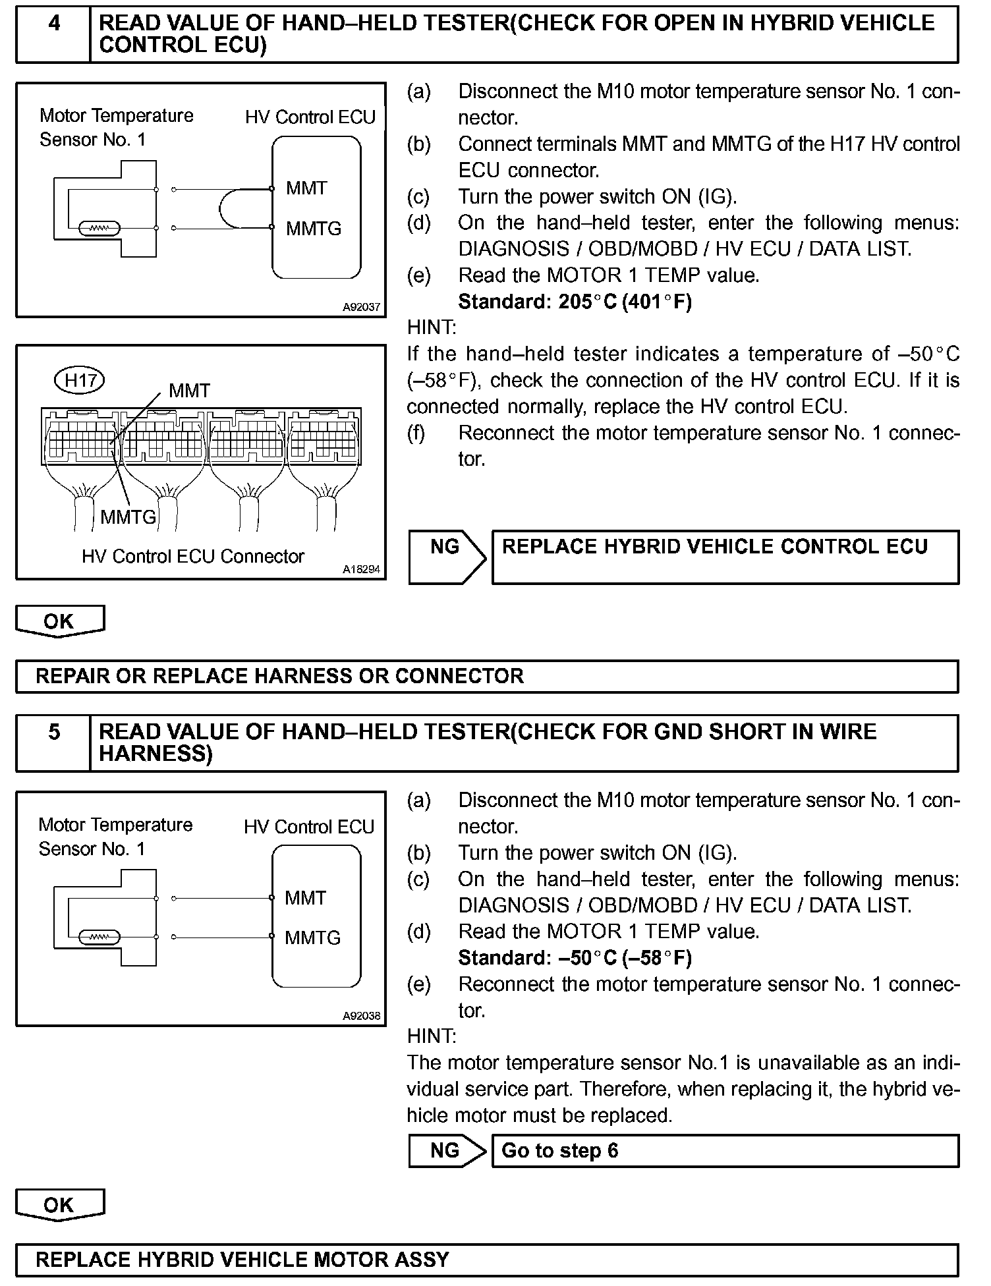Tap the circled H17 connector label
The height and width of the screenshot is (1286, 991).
coord(80,380)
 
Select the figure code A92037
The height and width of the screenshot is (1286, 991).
coord(361,307)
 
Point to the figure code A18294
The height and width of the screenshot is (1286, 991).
coord(361,569)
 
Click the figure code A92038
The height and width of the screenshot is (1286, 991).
coord(361,1016)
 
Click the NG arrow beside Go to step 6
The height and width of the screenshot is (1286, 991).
coord(446,1151)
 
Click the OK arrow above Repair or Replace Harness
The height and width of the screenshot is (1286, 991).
coord(59,621)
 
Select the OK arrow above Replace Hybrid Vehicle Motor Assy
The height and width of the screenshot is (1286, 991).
coord(59,1205)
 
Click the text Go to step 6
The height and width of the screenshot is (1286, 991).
coord(559,1151)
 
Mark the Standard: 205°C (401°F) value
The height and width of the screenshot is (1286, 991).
coord(575,302)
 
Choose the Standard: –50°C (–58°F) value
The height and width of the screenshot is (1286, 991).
coord(575,957)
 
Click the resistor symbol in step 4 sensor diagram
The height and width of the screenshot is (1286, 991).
coord(99,229)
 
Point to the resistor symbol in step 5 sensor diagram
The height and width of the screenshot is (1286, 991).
coord(99,937)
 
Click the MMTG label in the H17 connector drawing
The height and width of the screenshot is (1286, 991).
coord(128,517)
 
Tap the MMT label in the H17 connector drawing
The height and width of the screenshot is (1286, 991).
coord(189,391)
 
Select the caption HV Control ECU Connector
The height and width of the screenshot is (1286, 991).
coord(192,557)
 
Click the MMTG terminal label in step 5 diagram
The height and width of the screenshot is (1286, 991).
coord(312,937)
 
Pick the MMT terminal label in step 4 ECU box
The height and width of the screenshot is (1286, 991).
coord(306,188)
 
